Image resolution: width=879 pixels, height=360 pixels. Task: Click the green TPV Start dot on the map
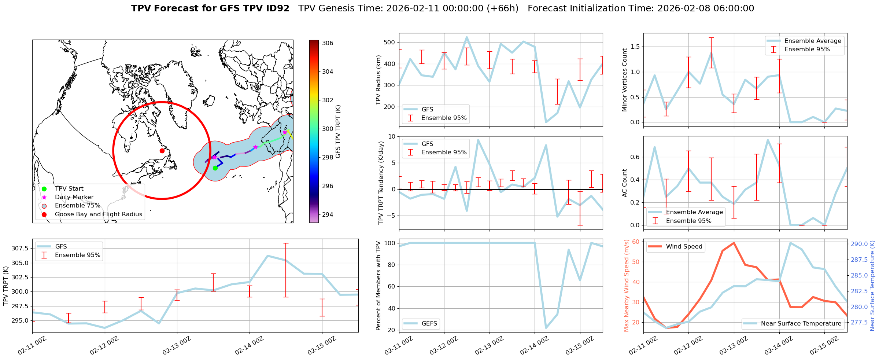[215, 168]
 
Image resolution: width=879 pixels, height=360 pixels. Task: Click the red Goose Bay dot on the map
[162, 151]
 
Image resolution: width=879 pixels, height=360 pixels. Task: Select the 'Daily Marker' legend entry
[74, 197]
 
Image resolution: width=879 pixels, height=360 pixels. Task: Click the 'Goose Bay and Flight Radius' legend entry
[98, 214]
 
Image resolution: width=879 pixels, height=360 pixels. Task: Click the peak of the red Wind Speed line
[734, 243]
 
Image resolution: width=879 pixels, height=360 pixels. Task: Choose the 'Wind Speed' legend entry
[684, 247]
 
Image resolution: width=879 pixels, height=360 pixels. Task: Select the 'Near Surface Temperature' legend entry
[801, 323]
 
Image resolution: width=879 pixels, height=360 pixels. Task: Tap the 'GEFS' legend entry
[429, 323]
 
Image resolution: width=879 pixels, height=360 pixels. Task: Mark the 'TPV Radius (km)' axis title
[378, 80]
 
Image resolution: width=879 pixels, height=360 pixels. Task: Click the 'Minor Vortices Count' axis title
[624, 80]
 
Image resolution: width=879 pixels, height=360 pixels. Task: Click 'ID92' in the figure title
[276, 8]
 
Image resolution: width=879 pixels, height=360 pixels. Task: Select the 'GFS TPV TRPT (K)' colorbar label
[338, 131]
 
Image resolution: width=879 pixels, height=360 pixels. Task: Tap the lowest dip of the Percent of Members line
[546, 328]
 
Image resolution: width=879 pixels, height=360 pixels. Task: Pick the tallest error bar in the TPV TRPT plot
[286, 270]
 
